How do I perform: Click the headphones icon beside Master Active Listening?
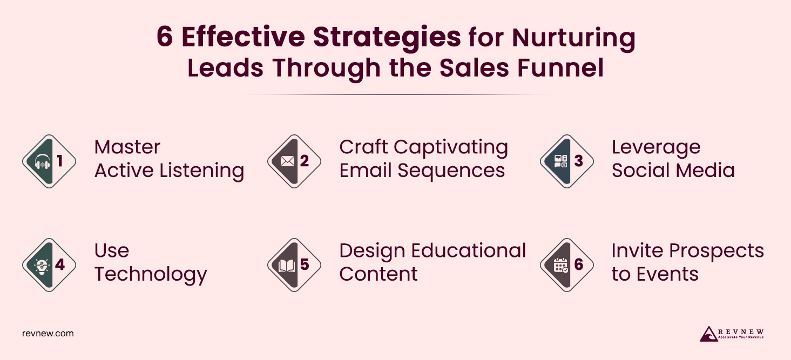[x=42, y=161]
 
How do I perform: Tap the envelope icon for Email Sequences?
[x=287, y=161]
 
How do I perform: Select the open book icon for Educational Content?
[x=287, y=265]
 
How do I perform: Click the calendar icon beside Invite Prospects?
[x=561, y=265]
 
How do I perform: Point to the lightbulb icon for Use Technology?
[x=42, y=265]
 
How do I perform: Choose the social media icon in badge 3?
[x=561, y=161]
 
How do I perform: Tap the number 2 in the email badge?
[x=305, y=161]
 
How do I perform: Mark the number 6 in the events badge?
[x=579, y=265]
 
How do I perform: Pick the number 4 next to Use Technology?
[x=59, y=265]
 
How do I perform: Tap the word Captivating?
[x=451, y=147]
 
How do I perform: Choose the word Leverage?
[x=655, y=147]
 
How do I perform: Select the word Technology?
[x=151, y=275]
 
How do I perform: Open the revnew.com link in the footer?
[x=48, y=334]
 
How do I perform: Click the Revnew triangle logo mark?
[x=708, y=334]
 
